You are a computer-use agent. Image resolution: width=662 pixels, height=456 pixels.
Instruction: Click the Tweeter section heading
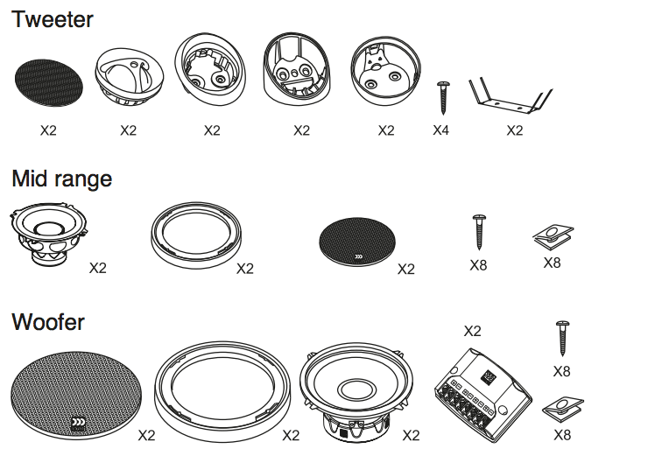(x=53, y=18)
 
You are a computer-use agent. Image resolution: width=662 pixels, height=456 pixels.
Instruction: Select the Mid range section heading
(x=61, y=179)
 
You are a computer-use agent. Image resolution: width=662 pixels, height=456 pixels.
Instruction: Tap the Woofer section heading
(x=48, y=322)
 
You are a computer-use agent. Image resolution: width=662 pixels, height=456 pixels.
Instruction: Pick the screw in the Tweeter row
(x=443, y=96)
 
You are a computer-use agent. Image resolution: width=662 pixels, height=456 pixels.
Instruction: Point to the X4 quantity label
(x=440, y=130)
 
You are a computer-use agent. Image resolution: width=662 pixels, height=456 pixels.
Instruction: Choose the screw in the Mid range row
(x=478, y=232)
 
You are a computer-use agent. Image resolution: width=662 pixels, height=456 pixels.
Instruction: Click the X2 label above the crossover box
(x=472, y=331)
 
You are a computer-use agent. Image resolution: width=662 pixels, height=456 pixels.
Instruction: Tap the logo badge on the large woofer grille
(x=80, y=424)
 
